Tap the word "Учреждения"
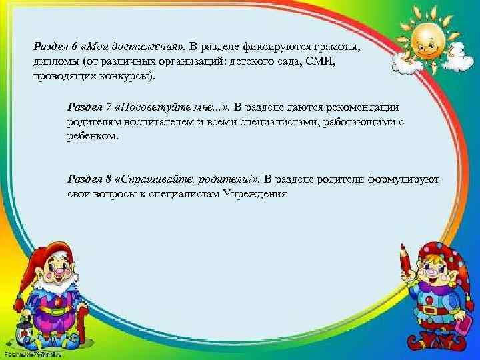click(253, 193)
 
